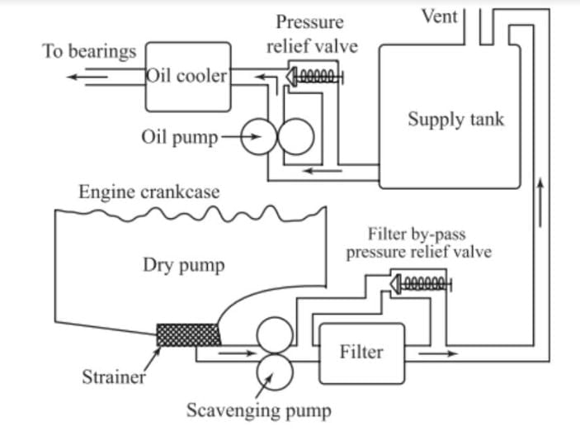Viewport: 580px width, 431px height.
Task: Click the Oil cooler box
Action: tap(187, 77)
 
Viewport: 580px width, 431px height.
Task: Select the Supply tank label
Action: tap(455, 119)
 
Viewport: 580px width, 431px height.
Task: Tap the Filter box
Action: tap(361, 353)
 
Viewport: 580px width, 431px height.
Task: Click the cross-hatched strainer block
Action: tap(189, 334)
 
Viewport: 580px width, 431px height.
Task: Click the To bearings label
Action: tap(89, 51)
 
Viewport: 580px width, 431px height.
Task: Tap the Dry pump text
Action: tap(183, 265)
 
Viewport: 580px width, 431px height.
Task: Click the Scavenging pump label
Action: tap(258, 410)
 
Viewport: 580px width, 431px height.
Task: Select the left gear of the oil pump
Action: tap(258, 138)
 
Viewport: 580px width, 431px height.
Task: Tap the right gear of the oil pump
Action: tap(295, 138)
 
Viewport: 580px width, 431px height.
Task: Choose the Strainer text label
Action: tap(113, 379)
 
